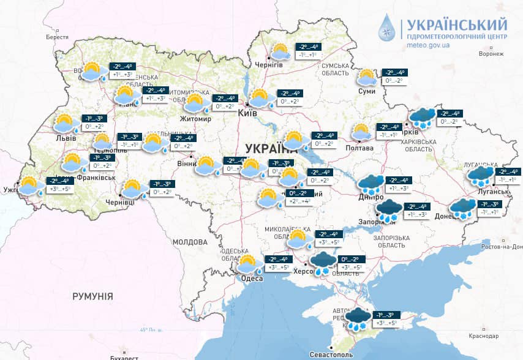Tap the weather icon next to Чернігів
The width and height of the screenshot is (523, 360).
click(x=281, y=52)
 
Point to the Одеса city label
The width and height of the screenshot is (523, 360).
click(x=251, y=279)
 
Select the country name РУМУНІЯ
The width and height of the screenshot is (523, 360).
click(x=92, y=296)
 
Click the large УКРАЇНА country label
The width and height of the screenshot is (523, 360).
click(x=270, y=148)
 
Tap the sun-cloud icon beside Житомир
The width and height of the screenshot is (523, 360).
click(x=196, y=102)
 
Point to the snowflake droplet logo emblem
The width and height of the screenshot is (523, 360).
click(x=387, y=28)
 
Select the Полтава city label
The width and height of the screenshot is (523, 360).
click(x=360, y=148)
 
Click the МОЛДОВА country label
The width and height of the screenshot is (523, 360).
click(x=189, y=242)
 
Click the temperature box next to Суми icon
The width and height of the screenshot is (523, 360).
click(x=394, y=77)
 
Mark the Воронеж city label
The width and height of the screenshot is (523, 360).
click(x=491, y=54)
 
